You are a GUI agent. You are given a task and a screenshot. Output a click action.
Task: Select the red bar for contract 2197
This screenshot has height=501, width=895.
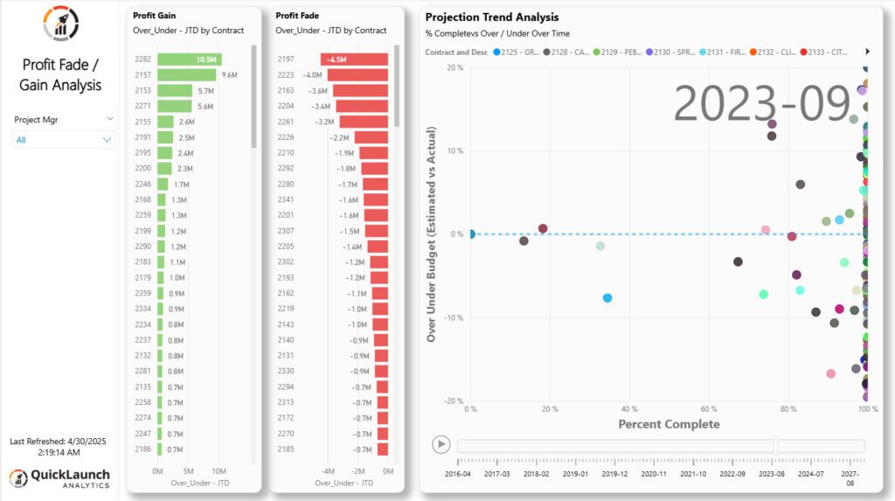(354, 59)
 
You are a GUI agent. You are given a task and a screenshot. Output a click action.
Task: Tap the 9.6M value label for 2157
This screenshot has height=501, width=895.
(230, 75)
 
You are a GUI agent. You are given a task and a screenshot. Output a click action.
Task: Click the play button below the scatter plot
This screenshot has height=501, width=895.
(441, 444)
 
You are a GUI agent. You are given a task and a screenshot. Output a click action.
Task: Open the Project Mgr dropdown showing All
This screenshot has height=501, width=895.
(63, 140)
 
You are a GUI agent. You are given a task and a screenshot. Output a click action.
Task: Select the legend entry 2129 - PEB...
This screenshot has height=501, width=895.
(616, 52)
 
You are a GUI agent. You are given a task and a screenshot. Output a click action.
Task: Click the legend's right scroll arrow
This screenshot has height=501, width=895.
(867, 52)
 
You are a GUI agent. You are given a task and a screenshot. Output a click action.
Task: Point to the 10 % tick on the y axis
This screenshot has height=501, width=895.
(454, 150)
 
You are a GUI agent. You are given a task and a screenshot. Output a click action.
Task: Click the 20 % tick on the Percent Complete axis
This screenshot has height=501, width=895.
(550, 409)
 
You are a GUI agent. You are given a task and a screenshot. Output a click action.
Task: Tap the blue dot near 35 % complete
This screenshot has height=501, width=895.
(607, 298)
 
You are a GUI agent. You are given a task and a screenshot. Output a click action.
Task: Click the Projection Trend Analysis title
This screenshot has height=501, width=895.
(491, 17)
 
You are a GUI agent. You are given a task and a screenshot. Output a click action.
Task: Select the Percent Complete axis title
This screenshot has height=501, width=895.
(669, 425)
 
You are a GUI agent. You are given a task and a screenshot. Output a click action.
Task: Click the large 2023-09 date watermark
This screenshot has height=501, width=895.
(761, 104)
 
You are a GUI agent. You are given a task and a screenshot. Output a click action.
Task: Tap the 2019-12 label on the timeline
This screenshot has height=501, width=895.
(614, 474)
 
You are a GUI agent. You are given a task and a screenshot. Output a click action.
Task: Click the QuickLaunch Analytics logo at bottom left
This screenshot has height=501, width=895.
(59, 478)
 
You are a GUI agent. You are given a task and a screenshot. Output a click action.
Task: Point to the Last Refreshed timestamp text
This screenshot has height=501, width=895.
(59, 447)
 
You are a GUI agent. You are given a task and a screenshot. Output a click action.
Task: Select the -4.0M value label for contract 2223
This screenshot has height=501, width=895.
(312, 75)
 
